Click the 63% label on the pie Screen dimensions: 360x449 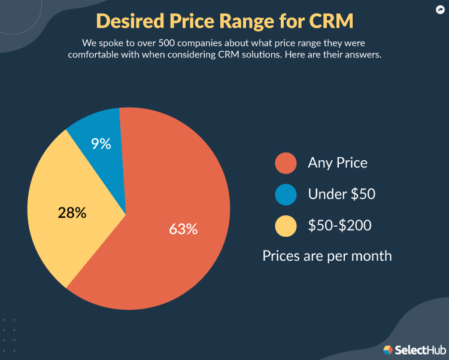tap(183, 228)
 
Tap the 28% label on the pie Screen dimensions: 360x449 tap(72, 212)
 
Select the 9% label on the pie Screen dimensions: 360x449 tap(101, 144)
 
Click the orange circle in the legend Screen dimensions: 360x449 tap(286, 163)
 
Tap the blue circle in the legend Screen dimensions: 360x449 tap(286, 194)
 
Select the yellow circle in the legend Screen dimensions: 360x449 tap(286, 226)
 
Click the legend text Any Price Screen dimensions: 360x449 tap(337, 163)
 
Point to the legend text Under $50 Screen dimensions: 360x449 tap(341, 194)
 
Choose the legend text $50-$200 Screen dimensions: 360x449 tap(339, 226)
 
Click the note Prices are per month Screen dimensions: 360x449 tap(327, 256)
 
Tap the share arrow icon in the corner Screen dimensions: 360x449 tap(439, 10)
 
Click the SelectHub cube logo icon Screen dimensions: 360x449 tap(387, 350)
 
